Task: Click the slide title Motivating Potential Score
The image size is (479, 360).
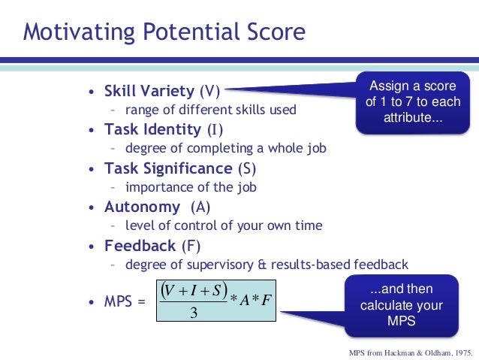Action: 164,32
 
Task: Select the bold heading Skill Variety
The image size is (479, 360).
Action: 149,92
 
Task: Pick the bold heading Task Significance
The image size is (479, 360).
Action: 168,168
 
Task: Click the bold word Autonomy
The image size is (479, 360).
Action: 142,207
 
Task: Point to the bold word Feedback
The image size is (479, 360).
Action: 140,246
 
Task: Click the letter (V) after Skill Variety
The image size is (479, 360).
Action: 209,92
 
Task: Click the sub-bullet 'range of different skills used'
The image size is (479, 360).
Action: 210,110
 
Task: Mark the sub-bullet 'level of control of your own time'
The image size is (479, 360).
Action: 224,225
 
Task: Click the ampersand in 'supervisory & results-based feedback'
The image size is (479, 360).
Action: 276,265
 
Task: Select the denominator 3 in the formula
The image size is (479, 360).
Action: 193,313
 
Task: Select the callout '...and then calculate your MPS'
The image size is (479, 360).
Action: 401,305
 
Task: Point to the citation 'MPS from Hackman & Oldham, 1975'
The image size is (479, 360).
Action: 410,352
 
